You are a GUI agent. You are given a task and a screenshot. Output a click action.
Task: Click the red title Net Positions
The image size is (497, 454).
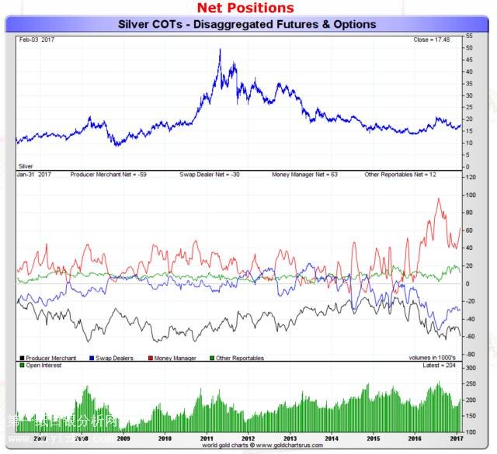[245, 9]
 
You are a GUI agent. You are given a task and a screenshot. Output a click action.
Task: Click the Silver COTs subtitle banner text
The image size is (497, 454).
[247, 24]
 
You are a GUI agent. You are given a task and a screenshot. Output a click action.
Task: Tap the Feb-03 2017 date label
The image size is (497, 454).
[34, 38]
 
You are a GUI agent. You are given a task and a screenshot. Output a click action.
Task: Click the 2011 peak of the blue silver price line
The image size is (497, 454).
[220, 50]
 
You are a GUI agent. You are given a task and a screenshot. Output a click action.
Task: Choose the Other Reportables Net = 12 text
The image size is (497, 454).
[400, 175]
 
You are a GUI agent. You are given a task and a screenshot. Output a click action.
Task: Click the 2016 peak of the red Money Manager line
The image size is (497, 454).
[438, 199]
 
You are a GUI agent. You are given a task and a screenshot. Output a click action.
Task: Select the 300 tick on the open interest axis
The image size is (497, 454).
[471, 366]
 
